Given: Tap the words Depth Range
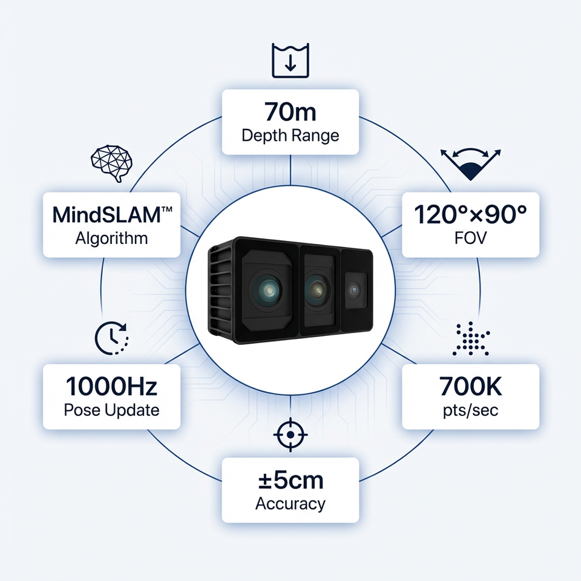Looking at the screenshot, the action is [290, 134].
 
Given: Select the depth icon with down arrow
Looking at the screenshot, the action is [290, 61].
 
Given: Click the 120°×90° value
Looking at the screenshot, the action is [470, 214].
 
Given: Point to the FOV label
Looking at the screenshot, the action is [470, 237].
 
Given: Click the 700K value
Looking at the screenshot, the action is [470, 386].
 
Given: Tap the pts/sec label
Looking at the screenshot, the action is [470, 410].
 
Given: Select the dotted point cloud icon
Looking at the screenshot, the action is [471, 339].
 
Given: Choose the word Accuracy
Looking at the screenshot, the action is [290, 503].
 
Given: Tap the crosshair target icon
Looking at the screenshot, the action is [290, 435].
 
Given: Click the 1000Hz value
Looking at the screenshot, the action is [111, 386].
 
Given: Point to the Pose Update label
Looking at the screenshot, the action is [111, 410].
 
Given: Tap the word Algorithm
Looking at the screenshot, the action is [111, 237].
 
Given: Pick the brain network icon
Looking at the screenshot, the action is [111, 162].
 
